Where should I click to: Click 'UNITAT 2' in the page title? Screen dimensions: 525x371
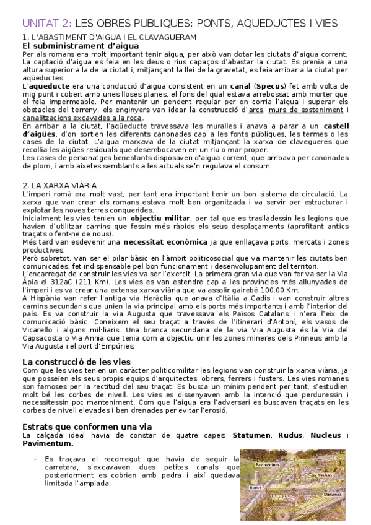pos(45,23)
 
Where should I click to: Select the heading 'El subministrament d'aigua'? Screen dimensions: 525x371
pos(71,45)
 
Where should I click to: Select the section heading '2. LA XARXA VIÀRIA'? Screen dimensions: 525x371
pos(59,184)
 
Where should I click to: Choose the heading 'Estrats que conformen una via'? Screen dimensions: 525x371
pos(87,426)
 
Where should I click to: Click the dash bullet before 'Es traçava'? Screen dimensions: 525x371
pos(35,459)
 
